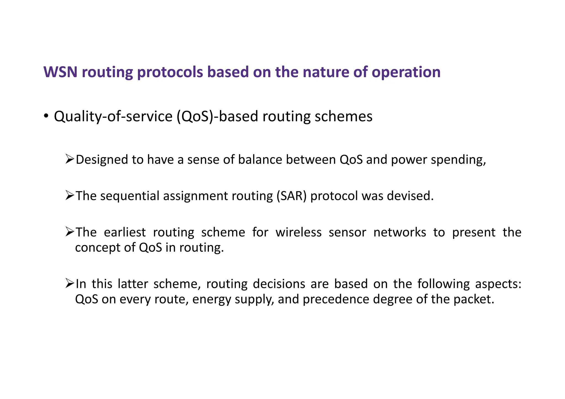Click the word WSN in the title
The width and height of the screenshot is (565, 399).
coord(60,72)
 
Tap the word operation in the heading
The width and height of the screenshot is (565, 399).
coord(406,73)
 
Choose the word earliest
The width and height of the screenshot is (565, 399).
coord(125,232)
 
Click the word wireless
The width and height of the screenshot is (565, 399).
coord(299,232)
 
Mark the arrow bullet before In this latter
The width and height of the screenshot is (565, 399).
coord(70,283)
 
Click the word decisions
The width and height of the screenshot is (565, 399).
coord(279,284)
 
